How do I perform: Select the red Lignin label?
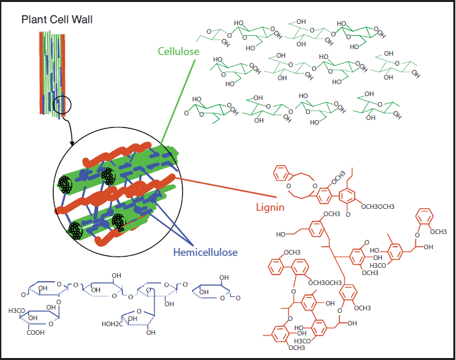270,206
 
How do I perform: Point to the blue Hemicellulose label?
205,252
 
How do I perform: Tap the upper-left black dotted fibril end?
66,185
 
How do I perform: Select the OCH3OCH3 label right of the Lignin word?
377,207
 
